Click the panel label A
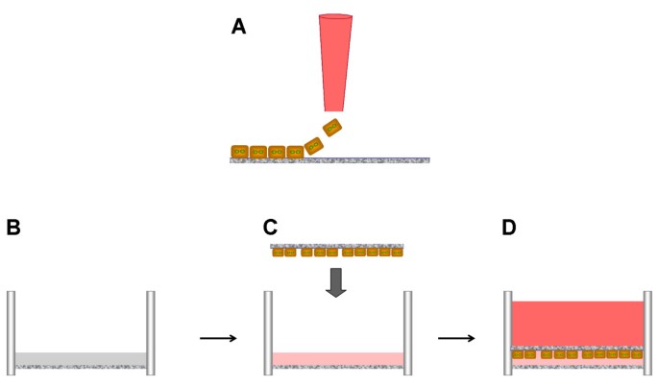(x=239, y=27)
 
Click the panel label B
(x=13, y=228)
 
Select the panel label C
(x=271, y=228)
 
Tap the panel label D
(x=509, y=228)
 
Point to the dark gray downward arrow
(x=335, y=281)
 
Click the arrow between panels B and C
(x=219, y=337)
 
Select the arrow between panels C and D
(x=457, y=337)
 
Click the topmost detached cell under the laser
(x=331, y=128)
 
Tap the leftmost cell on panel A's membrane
(x=240, y=151)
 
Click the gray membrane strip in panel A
(x=365, y=159)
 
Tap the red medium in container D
(x=577, y=323)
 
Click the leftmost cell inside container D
(x=518, y=354)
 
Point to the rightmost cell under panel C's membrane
(x=397, y=253)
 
